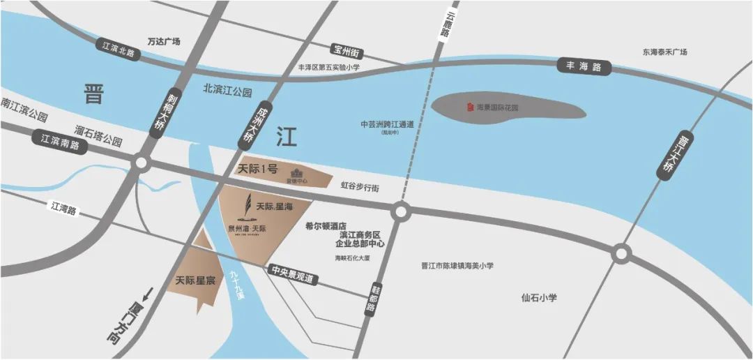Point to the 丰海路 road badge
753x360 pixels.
[584, 68]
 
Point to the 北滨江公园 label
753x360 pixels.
[227, 90]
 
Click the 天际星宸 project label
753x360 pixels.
[194, 280]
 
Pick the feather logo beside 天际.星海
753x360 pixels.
[245, 207]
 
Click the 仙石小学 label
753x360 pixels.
[539, 298]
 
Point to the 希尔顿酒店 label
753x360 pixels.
[326, 226]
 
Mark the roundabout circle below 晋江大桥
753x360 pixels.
[621, 254]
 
